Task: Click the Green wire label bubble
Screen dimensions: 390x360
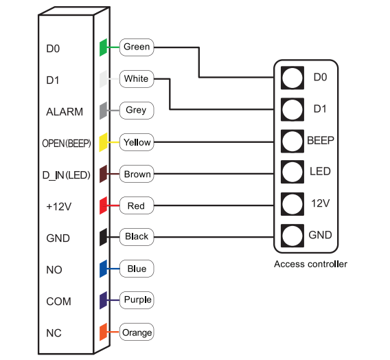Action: tap(137, 47)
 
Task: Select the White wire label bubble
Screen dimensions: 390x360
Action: tap(137, 79)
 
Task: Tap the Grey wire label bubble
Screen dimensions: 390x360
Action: tap(137, 111)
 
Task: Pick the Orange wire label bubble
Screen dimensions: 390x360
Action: tap(137, 332)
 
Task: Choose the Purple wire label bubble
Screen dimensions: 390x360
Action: tap(137, 300)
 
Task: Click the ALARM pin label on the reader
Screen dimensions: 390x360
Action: tap(65, 112)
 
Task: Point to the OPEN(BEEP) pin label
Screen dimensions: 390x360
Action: tap(67, 144)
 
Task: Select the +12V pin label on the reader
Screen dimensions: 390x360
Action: tap(59, 207)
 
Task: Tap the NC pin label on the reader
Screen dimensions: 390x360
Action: tap(54, 333)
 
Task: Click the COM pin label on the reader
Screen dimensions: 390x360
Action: tap(58, 302)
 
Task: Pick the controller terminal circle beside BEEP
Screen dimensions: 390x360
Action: tap(292, 141)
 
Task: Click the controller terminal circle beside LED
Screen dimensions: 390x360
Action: tap(292, 172)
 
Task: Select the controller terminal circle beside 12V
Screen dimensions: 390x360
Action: tap(292, 204)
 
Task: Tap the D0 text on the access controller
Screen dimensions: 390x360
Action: tap(320, 78)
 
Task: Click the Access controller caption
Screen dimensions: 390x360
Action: tap(310, 265)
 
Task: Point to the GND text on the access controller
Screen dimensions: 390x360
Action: tap(320, 235)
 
